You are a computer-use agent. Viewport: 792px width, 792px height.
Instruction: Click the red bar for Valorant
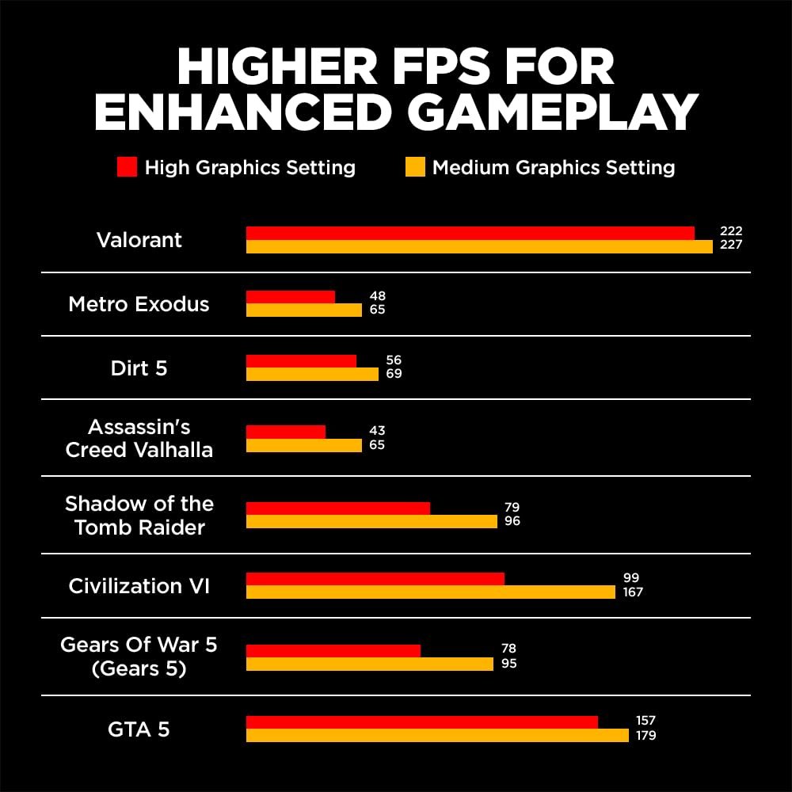470,233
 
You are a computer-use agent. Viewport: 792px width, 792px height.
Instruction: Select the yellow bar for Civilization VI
430,592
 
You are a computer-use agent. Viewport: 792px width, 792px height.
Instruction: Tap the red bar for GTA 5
421,722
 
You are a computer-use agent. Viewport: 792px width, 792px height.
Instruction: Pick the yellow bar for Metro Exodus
303,310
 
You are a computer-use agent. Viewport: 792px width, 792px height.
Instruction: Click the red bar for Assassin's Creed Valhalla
285,432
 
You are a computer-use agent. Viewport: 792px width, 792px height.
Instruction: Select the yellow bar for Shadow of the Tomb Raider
371,521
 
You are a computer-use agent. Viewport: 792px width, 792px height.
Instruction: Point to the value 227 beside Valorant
731,245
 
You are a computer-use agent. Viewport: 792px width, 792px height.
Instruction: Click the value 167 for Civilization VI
634,592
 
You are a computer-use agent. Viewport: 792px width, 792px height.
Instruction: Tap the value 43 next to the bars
377,431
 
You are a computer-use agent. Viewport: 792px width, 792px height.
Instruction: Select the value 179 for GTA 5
645,735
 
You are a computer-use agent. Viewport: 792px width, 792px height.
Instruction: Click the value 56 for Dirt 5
394,360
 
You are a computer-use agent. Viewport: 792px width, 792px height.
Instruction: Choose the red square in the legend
127,167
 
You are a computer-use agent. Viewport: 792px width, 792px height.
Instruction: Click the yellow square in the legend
415,167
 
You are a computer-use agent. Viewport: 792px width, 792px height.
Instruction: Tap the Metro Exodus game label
139,304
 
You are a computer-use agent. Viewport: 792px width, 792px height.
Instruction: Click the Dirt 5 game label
139,368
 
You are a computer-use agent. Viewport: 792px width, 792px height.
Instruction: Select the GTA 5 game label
139,729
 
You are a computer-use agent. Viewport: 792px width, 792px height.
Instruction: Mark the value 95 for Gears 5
508,663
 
